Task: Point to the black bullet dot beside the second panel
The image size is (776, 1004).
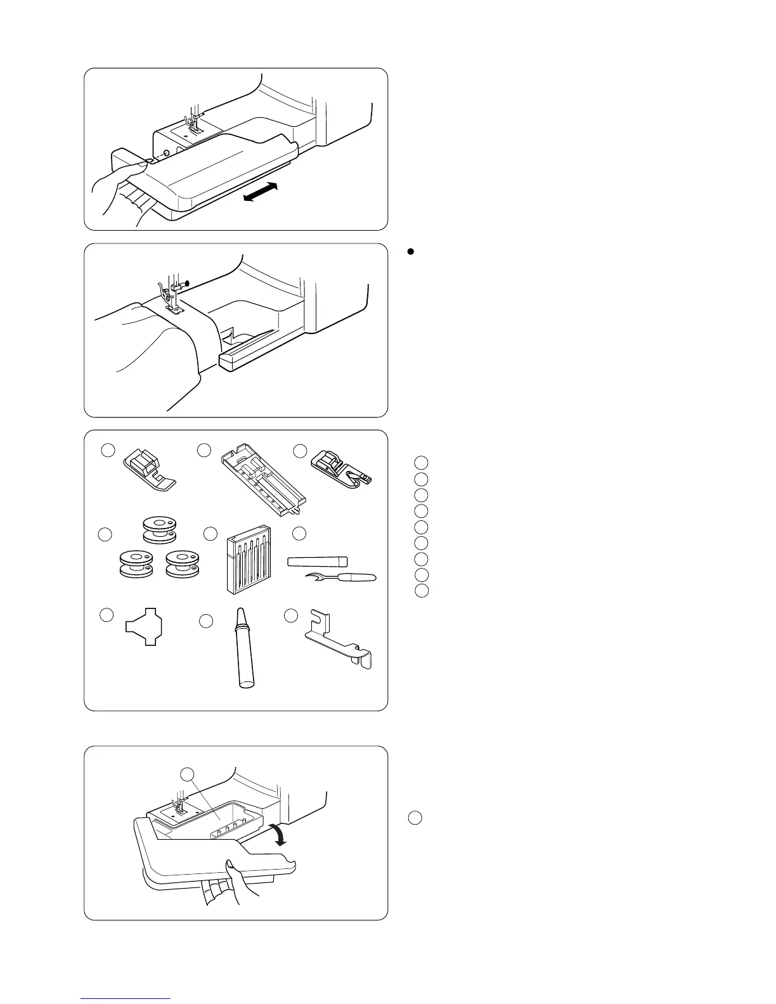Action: (410, 252)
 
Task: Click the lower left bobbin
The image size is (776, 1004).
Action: (136, 563)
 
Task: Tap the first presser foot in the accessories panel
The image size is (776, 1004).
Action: (148, 470)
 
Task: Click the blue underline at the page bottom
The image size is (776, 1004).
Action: (126, 998)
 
